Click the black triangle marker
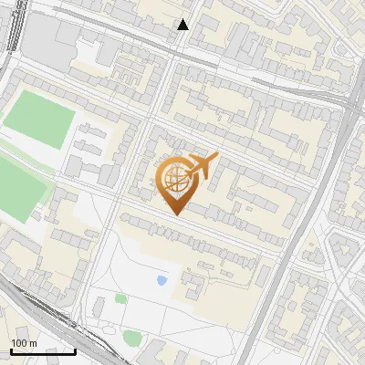pyautogui.click(x=183, y=25)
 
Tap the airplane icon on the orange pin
pyautogui.click(x=201, y=166)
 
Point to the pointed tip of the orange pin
pyautogui.click(x=175, y=214)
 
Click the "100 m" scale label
pyautogui.click(x=24, y=343)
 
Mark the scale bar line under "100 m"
pyautogui.click(x=43, y=350)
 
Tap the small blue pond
pyautogui.click(x=162, y=280)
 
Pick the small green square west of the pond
pyautogui.click(x=120, y=298)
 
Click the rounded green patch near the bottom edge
pyautogui.click(x=132, y=339)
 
